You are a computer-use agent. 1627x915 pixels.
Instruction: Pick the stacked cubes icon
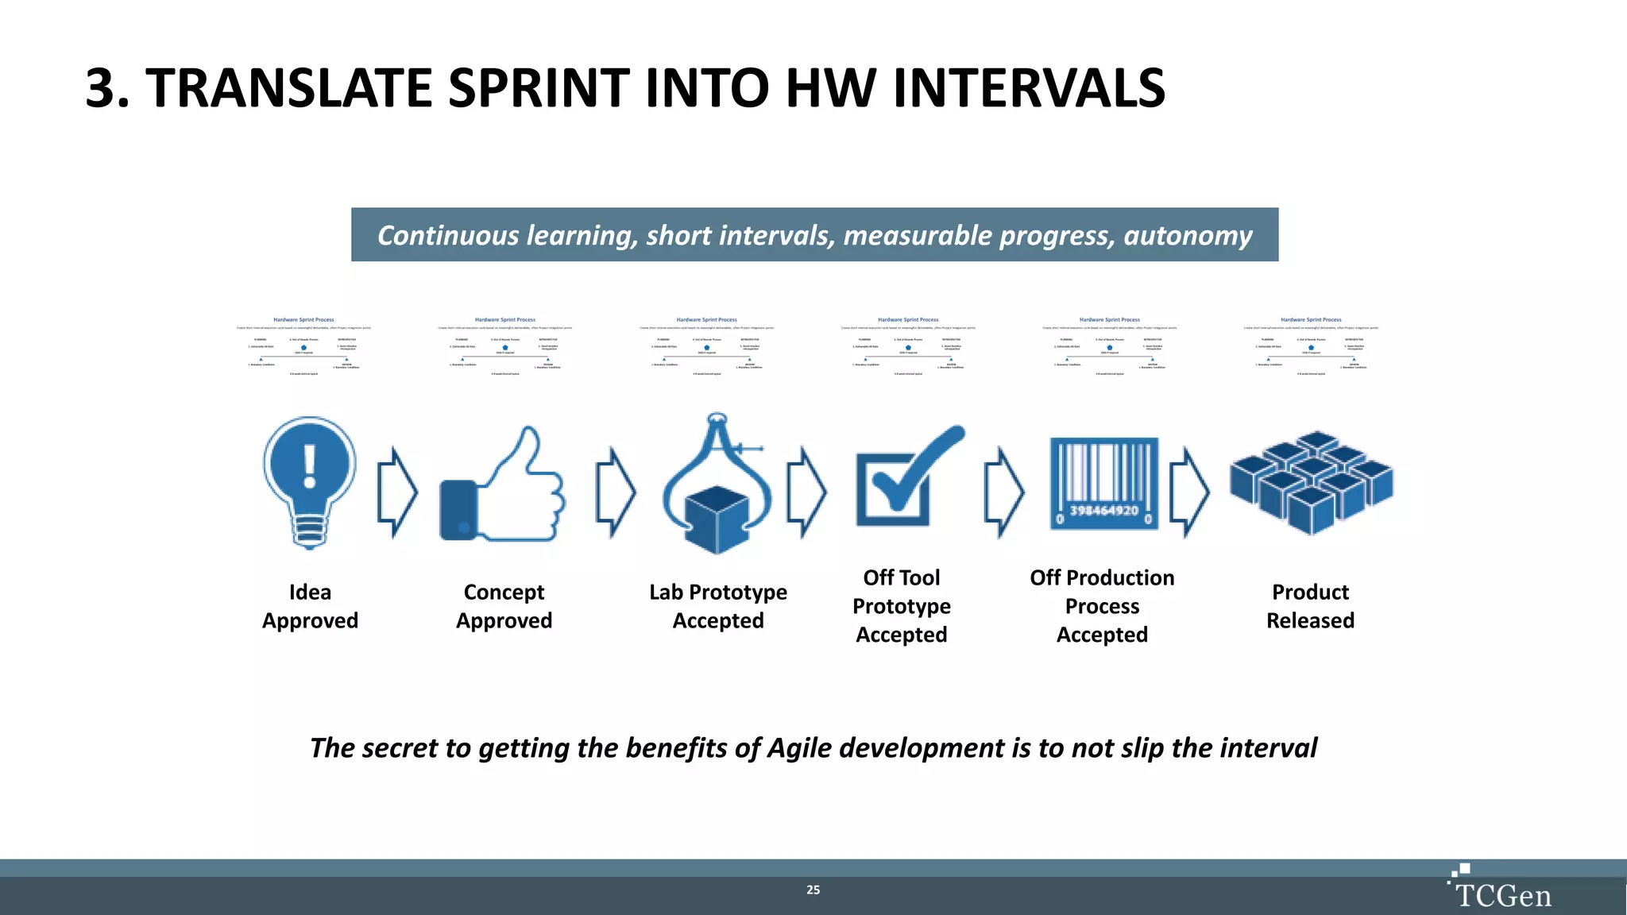click(x=1311, y=481)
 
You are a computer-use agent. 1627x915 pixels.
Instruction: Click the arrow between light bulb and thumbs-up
click(x=396, y=492)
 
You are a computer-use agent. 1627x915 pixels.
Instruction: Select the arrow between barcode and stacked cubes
click(x=1189, y=492)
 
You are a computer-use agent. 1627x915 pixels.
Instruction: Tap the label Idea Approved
click(x=310, y=606)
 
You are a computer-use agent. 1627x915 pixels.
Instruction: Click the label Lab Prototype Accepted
click(x=718, y=606)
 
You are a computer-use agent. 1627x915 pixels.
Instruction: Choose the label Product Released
click(x=1310, y=606)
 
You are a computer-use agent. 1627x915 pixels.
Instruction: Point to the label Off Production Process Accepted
click(x=1102, y=606)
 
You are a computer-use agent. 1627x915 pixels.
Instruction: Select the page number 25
click(x=813, y=890)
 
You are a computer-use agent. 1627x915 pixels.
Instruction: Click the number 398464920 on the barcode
click(x=1103, y=511)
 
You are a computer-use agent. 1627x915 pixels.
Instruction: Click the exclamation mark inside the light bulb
click(x=310, y=465)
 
